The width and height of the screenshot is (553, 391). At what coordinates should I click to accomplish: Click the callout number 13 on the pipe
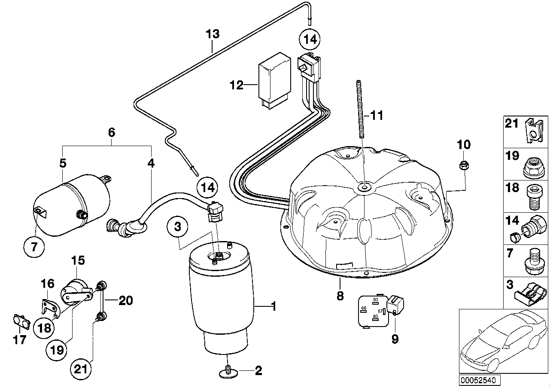[x=212, y=34]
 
